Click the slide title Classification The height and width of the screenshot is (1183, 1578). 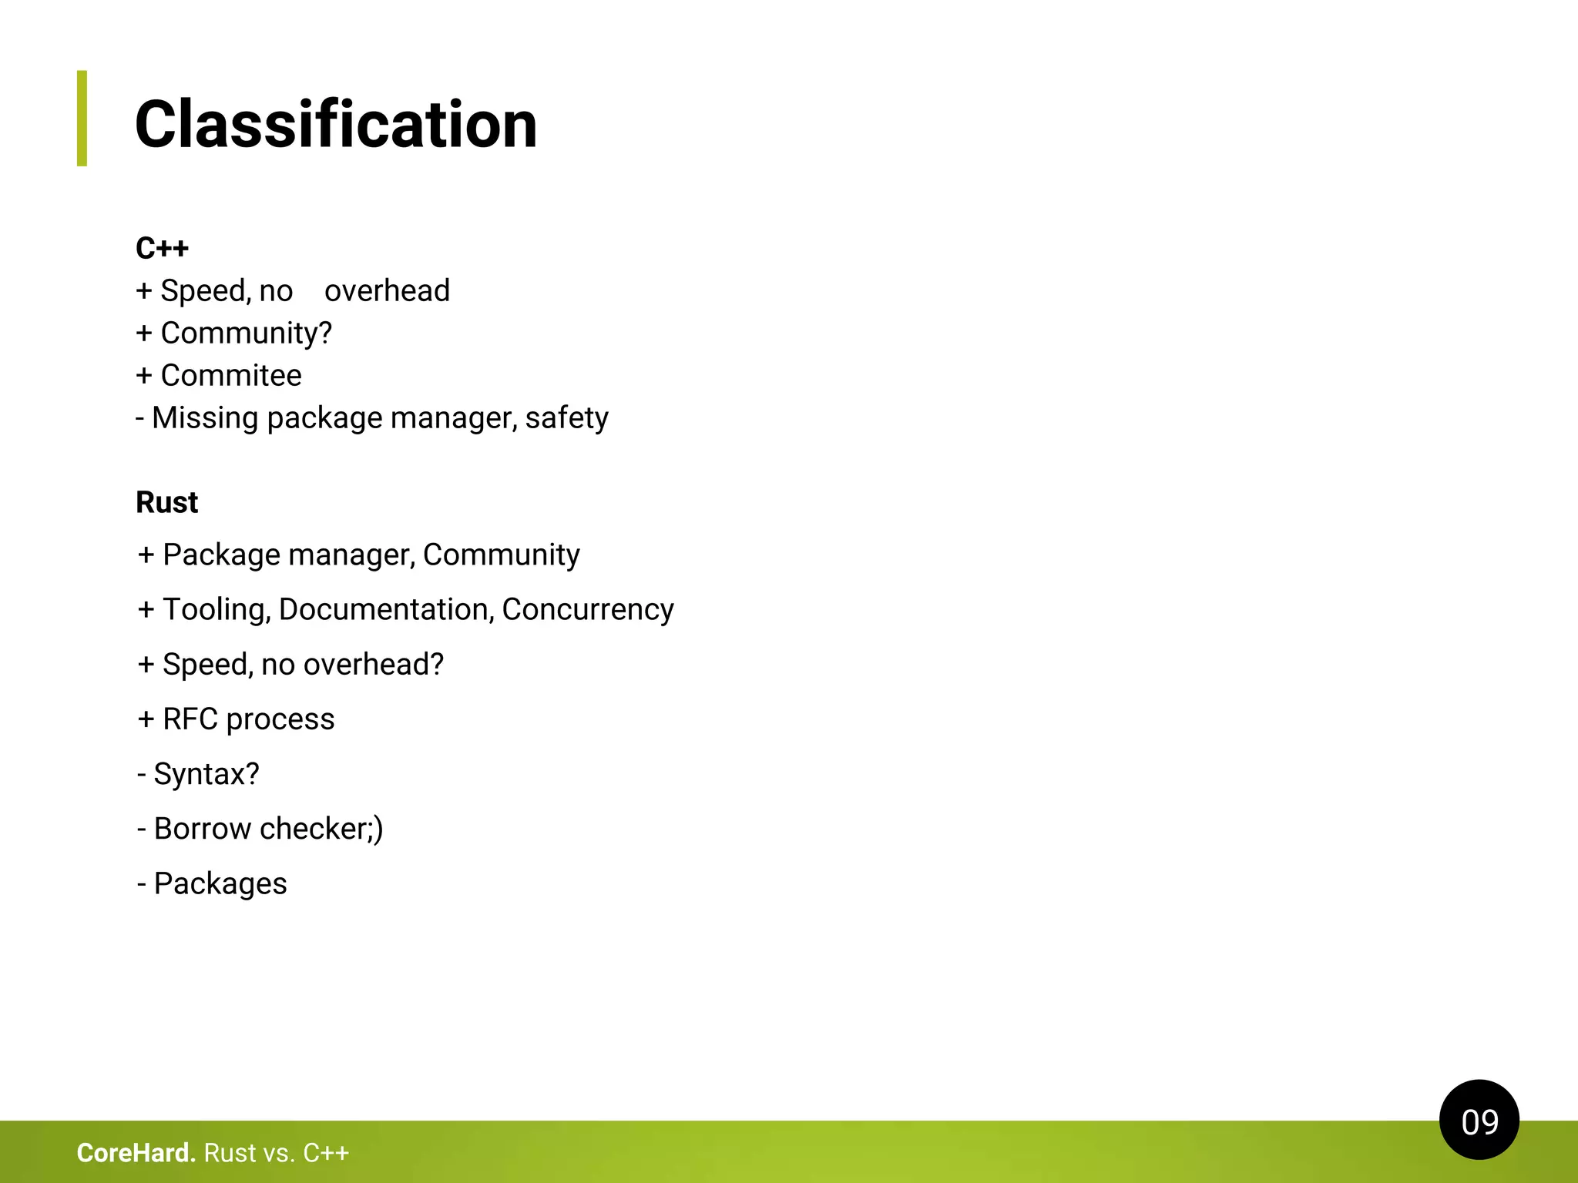coord(336,125)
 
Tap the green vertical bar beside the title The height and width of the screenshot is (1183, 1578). coord(82,119)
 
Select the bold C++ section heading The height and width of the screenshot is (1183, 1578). coord(162,248)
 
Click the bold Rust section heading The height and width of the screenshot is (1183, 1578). coord(166,502)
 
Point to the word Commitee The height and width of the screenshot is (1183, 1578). coord(231,375)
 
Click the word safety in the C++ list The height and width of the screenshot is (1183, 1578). coord(566,418)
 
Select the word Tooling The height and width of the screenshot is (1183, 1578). coord(217,609)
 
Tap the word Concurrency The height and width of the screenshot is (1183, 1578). coord(588,609)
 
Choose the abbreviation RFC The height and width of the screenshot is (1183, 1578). coord(190,719)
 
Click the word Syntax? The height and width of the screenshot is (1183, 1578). coord(206,774)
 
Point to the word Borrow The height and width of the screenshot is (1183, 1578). coord(203,829)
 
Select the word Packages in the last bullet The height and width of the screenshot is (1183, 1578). coord(220,883)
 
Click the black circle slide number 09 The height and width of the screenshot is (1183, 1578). coord(1479,1120)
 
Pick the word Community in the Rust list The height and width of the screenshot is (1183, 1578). coord(502,555)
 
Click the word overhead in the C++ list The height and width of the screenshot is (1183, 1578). coord(387,290)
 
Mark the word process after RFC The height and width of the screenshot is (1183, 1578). coord(280,719)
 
